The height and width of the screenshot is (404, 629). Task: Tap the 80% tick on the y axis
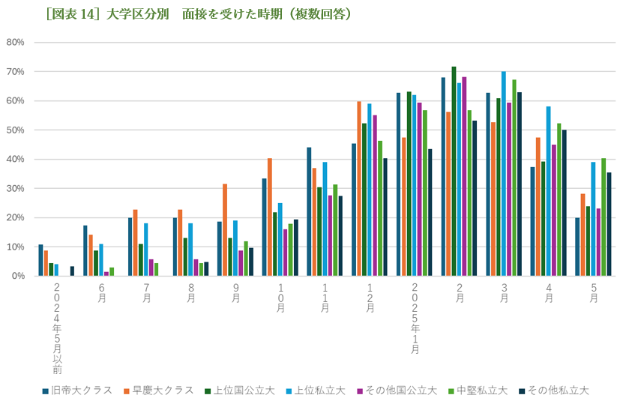[16, 42]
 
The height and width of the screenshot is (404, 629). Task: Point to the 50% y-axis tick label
[16, 130]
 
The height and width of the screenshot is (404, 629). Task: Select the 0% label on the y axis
[19, 276]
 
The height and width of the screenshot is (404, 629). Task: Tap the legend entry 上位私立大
[316, 391]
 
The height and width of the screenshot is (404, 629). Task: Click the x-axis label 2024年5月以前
[57, 328]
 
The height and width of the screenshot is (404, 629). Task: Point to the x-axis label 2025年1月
[415, 319]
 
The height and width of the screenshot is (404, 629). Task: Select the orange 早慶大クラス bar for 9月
[225, 229]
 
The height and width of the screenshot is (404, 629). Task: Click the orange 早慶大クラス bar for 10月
[270, 217]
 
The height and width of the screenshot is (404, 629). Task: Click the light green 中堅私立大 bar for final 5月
[604, 217]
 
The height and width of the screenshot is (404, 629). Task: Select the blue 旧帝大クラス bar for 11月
[309, 211]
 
